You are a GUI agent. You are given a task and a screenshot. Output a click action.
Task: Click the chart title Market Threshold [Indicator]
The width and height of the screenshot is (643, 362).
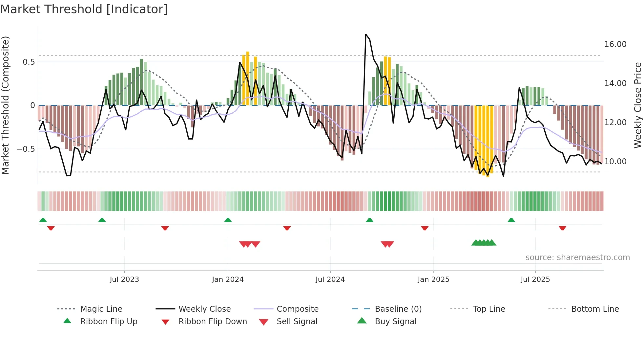pos(84,9)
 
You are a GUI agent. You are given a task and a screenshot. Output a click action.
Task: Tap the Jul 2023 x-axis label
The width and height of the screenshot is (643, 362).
pos(124,280)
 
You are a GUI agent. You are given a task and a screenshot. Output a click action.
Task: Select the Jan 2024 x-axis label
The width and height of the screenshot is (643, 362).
pos(228,280)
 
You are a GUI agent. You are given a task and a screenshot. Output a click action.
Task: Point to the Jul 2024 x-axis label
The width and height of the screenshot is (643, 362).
pos(330,280)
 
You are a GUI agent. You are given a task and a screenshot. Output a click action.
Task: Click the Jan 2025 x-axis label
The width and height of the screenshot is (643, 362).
pos(433,280)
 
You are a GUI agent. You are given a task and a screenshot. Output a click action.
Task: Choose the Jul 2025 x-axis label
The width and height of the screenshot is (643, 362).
pos(535,280)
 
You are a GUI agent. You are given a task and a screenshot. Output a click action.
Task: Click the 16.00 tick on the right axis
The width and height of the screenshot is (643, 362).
pos(615,44)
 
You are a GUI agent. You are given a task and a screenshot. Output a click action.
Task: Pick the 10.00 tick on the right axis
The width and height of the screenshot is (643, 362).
pos(615,162)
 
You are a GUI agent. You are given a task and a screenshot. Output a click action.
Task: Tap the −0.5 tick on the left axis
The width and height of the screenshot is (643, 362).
pos(26,149)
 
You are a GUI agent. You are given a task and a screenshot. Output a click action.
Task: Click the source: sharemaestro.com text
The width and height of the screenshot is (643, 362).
pos(577,258)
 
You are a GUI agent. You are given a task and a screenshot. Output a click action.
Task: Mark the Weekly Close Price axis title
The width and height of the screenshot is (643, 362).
pos(637,105)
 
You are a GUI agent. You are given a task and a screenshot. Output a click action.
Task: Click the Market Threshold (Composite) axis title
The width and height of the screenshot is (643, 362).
pos(5,105)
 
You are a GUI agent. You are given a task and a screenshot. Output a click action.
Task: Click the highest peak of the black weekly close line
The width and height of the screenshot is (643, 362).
pos(366,34)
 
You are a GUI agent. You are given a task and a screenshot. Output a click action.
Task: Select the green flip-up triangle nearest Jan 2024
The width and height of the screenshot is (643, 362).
pos(228,220)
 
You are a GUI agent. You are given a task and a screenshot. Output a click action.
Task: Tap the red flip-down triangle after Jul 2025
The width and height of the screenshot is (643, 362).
pos(562,228)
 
